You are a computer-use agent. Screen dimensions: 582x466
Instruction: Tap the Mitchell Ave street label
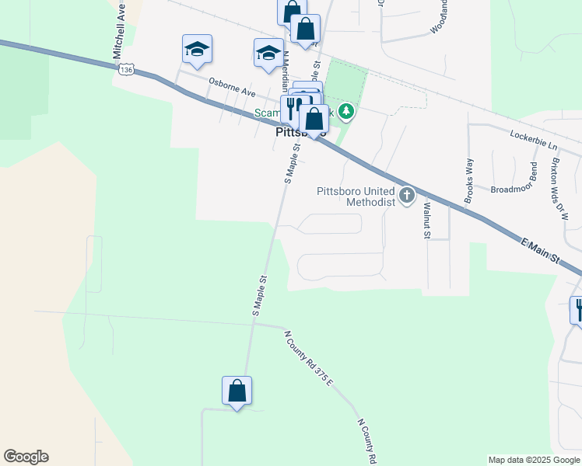[x=119, y=35]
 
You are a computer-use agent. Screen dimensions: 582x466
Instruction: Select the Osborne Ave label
[x=232, y=85]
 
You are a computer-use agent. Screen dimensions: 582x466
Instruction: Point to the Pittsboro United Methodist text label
[x=356, y=196]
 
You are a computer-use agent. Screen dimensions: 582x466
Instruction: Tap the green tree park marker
[x=346, y=113]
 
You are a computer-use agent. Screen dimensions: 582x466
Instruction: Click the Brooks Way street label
[x=469, y=182]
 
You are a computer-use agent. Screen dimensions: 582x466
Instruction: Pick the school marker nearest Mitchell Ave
[x=197, y=49]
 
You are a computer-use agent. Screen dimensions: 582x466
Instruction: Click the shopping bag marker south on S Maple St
[x=237, y=391]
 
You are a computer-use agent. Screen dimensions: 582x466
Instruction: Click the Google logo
[x=26, y=457]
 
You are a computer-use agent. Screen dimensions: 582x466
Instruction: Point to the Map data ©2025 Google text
[x=535, y=460]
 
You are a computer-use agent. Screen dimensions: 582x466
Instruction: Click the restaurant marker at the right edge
[x=577, y=309]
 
